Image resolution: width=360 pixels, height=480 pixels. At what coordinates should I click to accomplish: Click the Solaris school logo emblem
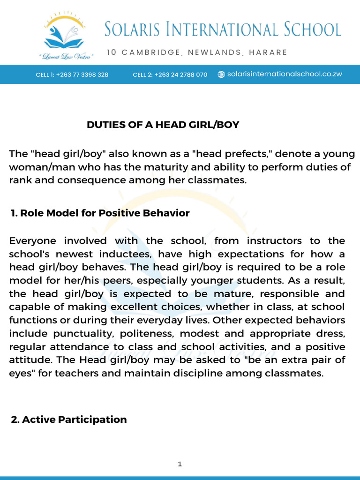pyautogui.click(x=66, y=32)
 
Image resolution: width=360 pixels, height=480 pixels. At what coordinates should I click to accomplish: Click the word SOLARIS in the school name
pyautogui.click(x=138, y=30)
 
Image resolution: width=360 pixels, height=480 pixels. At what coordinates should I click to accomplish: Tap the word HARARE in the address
pyautogui.click(x=268, y=52)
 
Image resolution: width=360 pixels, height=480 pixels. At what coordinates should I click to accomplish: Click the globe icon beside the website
pyautogui.click(x=222, y=75)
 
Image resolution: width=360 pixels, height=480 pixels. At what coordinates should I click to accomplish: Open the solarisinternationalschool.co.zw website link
pyautogui.click(x=285, y=74)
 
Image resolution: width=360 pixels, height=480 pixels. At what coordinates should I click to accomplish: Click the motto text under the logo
pyautogui.click(x=66, y=56)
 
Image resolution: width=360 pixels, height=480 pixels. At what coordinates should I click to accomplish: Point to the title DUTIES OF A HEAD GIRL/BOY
pyautogui.click(x=163, y=125)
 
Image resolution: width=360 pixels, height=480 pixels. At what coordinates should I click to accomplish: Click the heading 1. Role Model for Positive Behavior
pyautogui.click(x=100, y=213)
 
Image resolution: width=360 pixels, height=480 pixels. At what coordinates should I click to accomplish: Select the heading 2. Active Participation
pyautogui.click(x=69, y=420)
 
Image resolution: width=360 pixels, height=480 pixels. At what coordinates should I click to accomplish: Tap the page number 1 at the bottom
pyautogui.click(x=180, y=464)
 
